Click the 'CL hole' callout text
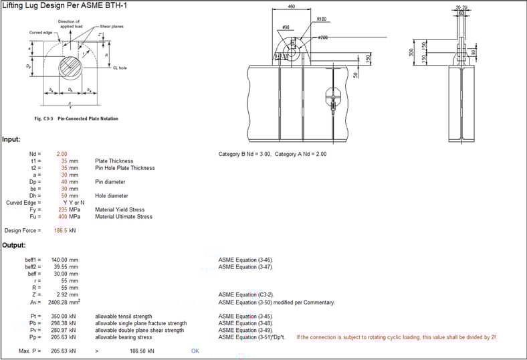click(x=120, y=68)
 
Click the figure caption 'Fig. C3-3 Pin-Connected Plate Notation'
click(x=75, y=118)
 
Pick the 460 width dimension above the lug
click(x=291, y=7)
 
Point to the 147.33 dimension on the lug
click(x=282, y=56)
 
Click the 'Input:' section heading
click(x=11, y=139)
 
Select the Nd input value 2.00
click(x=62, y=154)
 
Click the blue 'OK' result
click(x=195, y=351)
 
